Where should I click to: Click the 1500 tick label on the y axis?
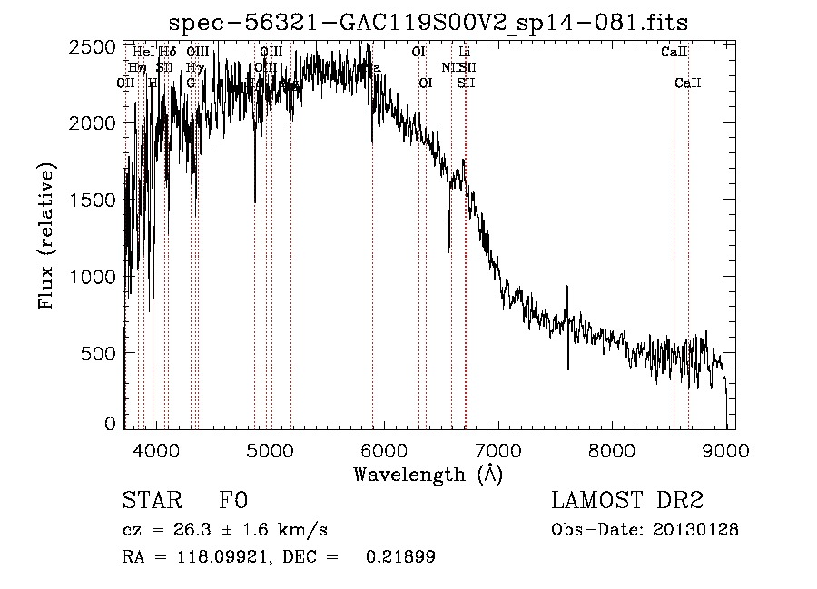94,200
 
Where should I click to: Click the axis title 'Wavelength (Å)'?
428,473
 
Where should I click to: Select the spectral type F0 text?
233,501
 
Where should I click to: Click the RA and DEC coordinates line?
278,557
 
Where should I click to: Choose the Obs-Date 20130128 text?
645,529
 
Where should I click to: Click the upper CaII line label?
674,52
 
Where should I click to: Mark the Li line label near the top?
465,52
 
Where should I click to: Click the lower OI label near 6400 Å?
424,83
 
